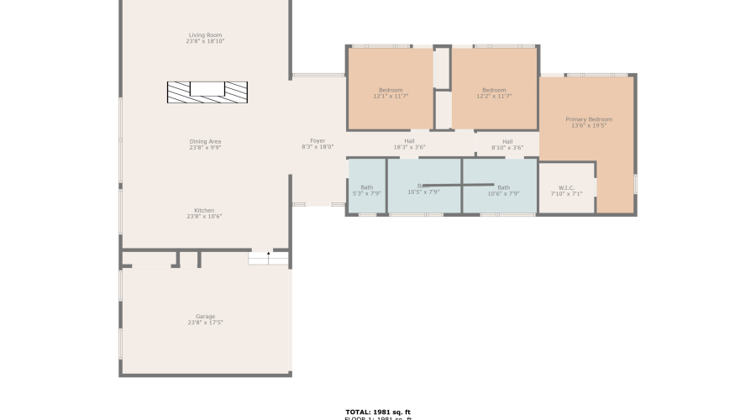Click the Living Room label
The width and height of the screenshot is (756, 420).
pos(206,35)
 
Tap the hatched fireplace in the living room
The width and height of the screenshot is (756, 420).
pos(207,92)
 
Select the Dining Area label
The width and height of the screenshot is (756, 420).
pos(205,141)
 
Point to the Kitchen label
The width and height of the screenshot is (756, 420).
pos(204,210)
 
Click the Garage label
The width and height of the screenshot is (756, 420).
pos(205,317)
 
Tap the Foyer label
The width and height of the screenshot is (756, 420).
pos(318,140)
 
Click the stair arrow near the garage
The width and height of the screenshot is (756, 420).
pos(269,255)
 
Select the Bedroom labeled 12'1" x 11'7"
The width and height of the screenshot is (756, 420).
pos(391,90)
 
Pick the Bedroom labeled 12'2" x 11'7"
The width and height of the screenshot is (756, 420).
pos(494,90)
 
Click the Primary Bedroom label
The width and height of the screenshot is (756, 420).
pos(589,119)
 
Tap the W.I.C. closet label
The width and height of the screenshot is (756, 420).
pos(566,187)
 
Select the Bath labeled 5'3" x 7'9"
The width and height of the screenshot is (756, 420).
pos(366,187)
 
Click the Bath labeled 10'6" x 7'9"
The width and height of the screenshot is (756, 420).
pos(503,187)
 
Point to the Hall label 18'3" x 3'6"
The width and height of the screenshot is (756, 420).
pos(409,141)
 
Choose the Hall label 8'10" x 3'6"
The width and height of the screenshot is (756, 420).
pos(507,141)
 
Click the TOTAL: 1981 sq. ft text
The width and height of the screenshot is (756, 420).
pos(378,412)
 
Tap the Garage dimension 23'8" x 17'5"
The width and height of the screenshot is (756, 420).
pos(205,323)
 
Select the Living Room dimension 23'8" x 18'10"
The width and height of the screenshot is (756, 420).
pos(206,41)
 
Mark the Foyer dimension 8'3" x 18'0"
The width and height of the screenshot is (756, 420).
pos(318,147)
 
